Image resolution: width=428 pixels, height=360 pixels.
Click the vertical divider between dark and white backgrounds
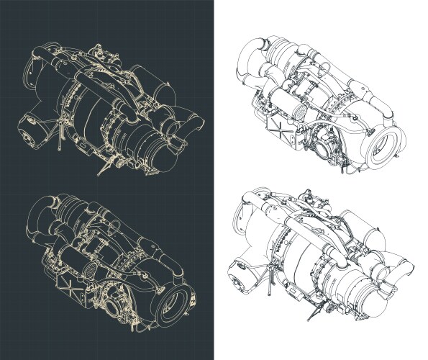tap(214, 180)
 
